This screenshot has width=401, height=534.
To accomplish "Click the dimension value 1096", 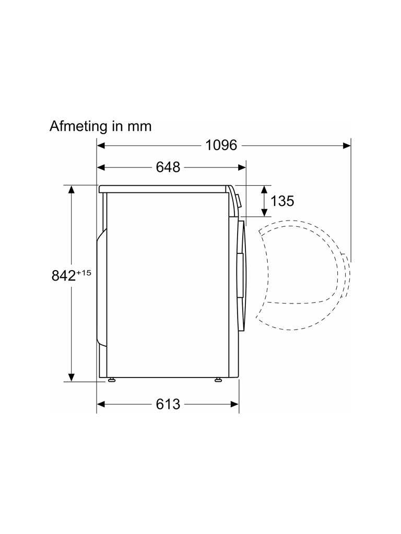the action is coord(221,145).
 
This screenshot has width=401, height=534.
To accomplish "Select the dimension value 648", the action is coord(168,167).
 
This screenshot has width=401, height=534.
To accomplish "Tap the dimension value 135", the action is coord(282,201).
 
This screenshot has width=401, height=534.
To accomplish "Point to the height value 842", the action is coord(63,275).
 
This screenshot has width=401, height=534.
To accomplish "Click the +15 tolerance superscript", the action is coord(84,273).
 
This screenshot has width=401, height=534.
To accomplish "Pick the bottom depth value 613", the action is coord(168,404).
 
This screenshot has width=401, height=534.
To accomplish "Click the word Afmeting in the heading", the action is coord(77,127).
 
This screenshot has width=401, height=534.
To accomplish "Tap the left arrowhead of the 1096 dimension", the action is coord(101,146).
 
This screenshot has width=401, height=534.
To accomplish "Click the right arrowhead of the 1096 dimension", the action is coord(347,146).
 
